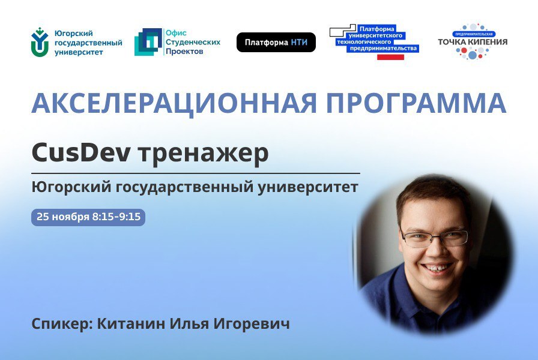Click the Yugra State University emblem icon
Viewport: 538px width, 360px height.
pos(40,42)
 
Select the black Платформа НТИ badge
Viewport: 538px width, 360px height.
pos(276,43)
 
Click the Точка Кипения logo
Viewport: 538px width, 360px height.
pos(473,41)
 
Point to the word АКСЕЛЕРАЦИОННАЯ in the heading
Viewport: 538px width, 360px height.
pos(174,103)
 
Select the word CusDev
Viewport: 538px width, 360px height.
pos(81,154)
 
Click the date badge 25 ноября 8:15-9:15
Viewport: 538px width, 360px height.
pos(88,217)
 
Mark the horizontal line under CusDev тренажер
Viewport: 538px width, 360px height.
pos(196,173)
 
